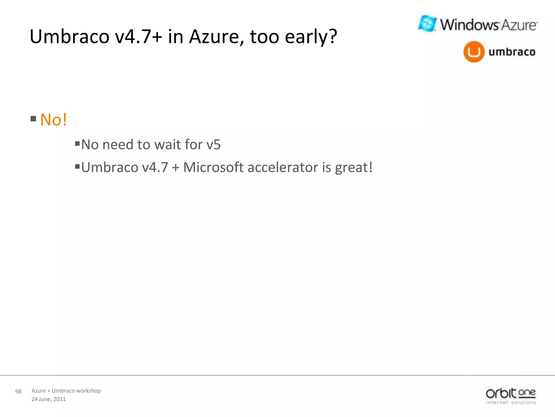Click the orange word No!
(53, 120)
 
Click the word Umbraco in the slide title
(69, 37)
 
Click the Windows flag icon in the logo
(427, 24)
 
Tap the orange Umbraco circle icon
(474, 52)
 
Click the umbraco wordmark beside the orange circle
(512, 52)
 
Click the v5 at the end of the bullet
(214, 145)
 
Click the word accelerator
(283, 167)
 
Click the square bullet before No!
(33, 119)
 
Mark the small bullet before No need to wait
(77, 143)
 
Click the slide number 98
(18, 391)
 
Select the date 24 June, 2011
(49, 399)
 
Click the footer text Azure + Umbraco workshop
(66, 391)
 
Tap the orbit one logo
(511, 396)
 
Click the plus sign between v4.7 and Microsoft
(176, 168)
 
